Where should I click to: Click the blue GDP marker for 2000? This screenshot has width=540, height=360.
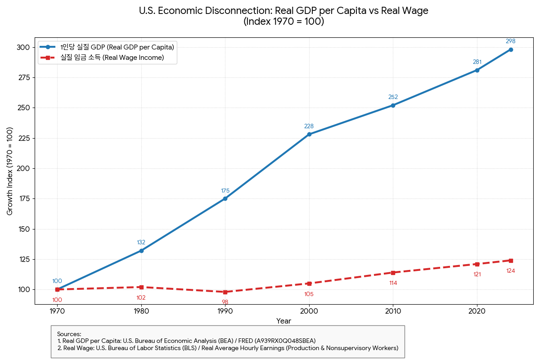click(309, 134)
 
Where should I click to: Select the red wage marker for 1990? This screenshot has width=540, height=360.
click(225, 292)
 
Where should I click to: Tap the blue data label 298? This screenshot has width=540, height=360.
click(511, 41)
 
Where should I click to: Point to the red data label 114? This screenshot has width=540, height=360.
click(393, 283)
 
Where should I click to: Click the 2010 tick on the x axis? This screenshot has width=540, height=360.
click(393, 311)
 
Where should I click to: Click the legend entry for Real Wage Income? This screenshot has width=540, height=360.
click(112, 58)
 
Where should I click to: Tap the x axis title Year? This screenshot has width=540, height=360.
click(283, 321)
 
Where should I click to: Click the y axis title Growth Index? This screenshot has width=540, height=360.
click(10, 171)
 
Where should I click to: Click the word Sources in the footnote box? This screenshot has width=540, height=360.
click(69, 334)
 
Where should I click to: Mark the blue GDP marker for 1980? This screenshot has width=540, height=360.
click(141, 251)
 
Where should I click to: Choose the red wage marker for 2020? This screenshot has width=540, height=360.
click(477, 264)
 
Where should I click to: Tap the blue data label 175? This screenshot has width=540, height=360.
click(225, 191)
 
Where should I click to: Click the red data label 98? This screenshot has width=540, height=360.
click(225, 302)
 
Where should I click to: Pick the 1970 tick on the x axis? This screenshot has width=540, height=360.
click(57, 311)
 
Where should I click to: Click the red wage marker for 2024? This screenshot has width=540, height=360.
click(511, 261)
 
